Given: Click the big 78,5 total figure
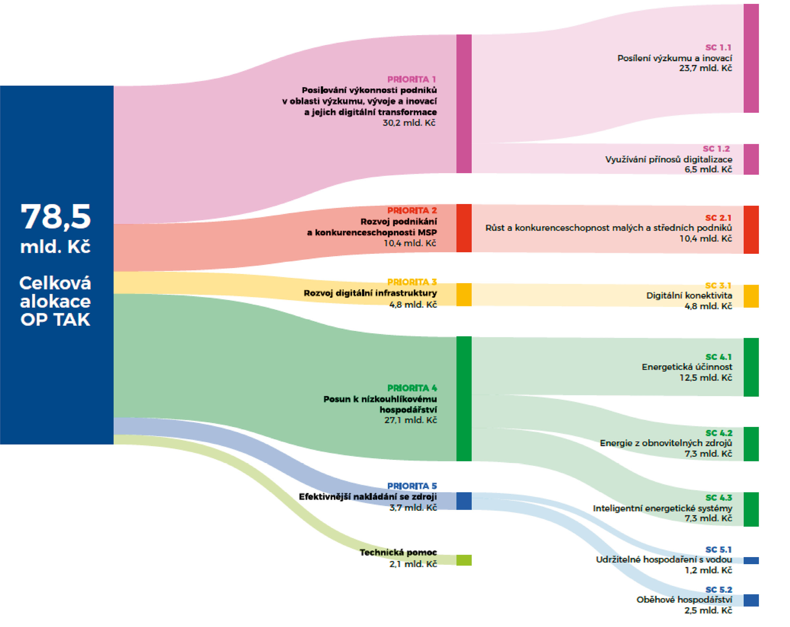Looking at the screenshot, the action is coord(56,217).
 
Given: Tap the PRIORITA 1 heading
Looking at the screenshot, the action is coord(411,79).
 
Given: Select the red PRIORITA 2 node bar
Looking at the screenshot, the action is coord(463,228).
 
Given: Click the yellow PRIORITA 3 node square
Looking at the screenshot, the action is coord(463,295).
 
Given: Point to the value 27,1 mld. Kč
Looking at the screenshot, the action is coord(410,420).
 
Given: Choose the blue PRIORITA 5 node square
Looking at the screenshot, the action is coord(463,501).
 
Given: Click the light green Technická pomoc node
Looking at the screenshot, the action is coord(463,560).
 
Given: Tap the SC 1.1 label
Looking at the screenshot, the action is coord(718,48).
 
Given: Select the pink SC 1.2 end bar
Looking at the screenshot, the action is coord(751,159).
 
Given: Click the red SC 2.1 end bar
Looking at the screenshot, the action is coord(751,230).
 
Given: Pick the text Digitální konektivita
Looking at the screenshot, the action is coord(689,295).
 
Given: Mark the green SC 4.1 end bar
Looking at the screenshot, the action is coord(751,367).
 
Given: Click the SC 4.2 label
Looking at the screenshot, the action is coord(719,433).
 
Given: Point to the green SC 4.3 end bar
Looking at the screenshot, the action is coord(751,509).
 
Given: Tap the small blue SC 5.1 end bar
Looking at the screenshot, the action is coord(751,560).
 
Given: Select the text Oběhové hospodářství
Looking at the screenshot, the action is coord(684,599).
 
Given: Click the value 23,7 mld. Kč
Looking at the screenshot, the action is coord(705,68).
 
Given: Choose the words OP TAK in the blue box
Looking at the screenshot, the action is coord(55,320).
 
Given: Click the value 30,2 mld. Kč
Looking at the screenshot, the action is coord(409,123).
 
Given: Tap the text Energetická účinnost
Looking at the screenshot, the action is coord(687,367).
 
